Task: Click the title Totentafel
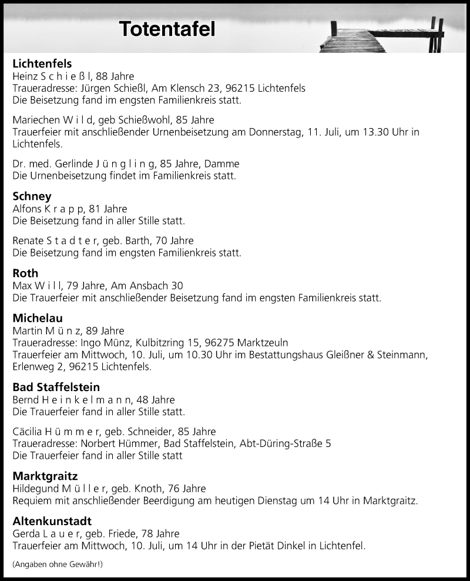pos(167,29)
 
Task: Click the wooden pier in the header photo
pos(352,41)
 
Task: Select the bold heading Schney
pos(32,196)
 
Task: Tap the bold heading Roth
pos(25,273)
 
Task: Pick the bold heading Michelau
pos(38,318)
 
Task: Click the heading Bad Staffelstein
pos(56,387)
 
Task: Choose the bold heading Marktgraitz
pos(45,475)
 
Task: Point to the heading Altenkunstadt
pos(52,521)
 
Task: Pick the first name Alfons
pos(26,209)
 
